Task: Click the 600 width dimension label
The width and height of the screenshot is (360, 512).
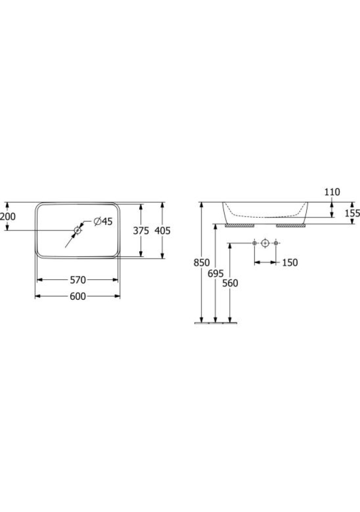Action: click(x=78, y=296)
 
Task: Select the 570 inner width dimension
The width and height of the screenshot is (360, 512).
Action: click(x=78, y=280)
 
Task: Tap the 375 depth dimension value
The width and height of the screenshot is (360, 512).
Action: click(x=141, y=230)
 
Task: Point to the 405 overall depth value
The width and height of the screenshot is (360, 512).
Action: click(x=162, y=230)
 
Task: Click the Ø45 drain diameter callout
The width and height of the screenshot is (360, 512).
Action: click(x=103, y=221)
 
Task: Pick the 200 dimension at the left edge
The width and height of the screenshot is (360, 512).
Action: click(x=7, y=216)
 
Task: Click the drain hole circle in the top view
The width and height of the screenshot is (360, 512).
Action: click(x=77, y=230)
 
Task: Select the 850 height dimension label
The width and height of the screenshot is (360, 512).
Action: click(x=202, y=262)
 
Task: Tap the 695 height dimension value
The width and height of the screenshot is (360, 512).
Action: click(x=215, y=273)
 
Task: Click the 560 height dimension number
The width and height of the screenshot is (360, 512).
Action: click(x=230, y=283)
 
